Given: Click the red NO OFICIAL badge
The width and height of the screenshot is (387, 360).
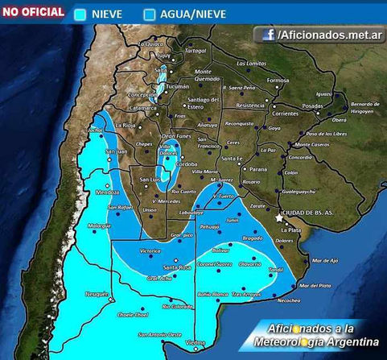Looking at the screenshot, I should click(x=33, y=11).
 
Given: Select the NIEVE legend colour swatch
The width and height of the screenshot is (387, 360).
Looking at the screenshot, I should click(x=80, y=14).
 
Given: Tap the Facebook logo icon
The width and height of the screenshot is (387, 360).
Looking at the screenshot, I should click(x=266, y=35).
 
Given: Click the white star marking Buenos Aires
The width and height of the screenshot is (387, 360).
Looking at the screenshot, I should click(x=279, y=217).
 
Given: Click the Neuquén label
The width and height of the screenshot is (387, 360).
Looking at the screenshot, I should click(x=96, y=294).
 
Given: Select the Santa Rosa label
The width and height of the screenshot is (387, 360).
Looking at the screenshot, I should click(x=176, y=267).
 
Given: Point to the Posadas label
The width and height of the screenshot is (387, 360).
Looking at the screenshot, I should click(x=312, y=106).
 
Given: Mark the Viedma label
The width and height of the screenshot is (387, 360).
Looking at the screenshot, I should click(x=195, y=342).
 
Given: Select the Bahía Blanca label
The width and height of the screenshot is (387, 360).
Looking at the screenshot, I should click(x=213, y=295).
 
